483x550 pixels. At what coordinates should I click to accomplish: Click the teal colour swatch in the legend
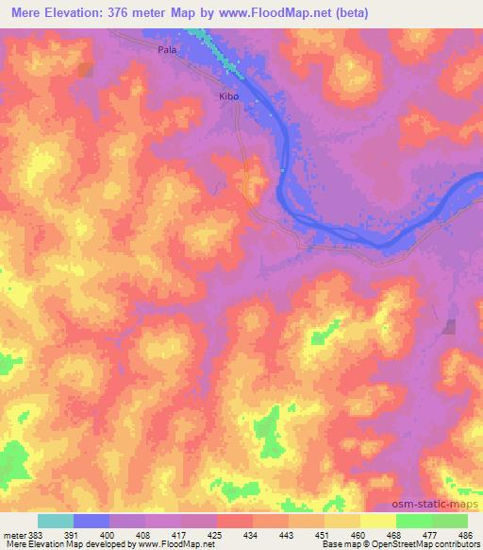(56, 521)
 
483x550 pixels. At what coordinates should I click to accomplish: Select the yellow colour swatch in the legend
(378, 521)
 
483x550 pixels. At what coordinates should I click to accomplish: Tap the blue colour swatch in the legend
(92, 521)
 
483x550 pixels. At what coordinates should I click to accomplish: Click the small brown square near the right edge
(450, 327)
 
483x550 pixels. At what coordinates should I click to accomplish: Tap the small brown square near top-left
(86, 70)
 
